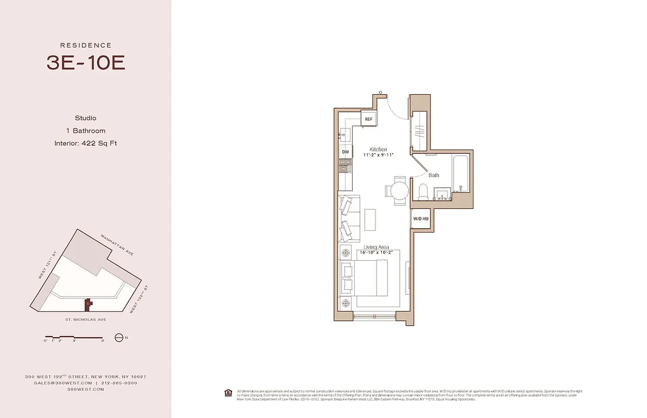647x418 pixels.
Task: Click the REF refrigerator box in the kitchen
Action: coord(369,119)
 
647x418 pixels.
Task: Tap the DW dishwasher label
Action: coord(345,152)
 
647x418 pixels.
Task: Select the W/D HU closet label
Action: coord(421,218)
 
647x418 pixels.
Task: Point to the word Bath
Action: coord(434,175)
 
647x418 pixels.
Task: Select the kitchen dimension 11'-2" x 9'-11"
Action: coord(378,155)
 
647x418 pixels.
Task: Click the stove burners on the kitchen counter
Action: coord(345,166)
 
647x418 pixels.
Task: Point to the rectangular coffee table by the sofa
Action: coord(370,219)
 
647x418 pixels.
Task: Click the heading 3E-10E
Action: coord(86,63)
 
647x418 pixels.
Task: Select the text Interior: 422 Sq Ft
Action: coord(86,143)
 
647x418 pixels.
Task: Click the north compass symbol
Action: coord(119,338)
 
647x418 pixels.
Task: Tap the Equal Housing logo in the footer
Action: coord(228,392)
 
